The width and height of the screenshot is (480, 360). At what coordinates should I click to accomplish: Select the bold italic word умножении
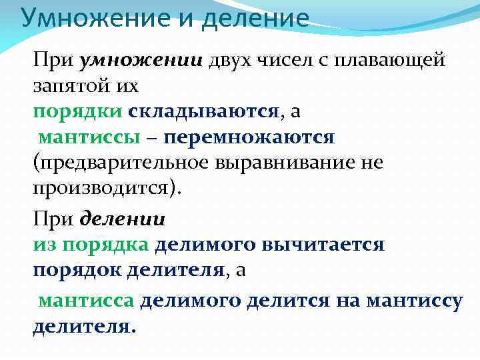[x=141, y=61]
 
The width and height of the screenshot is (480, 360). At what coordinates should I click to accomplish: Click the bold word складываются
[x=204, y=111]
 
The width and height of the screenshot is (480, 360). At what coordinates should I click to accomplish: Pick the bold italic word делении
[x=123, y=219]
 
